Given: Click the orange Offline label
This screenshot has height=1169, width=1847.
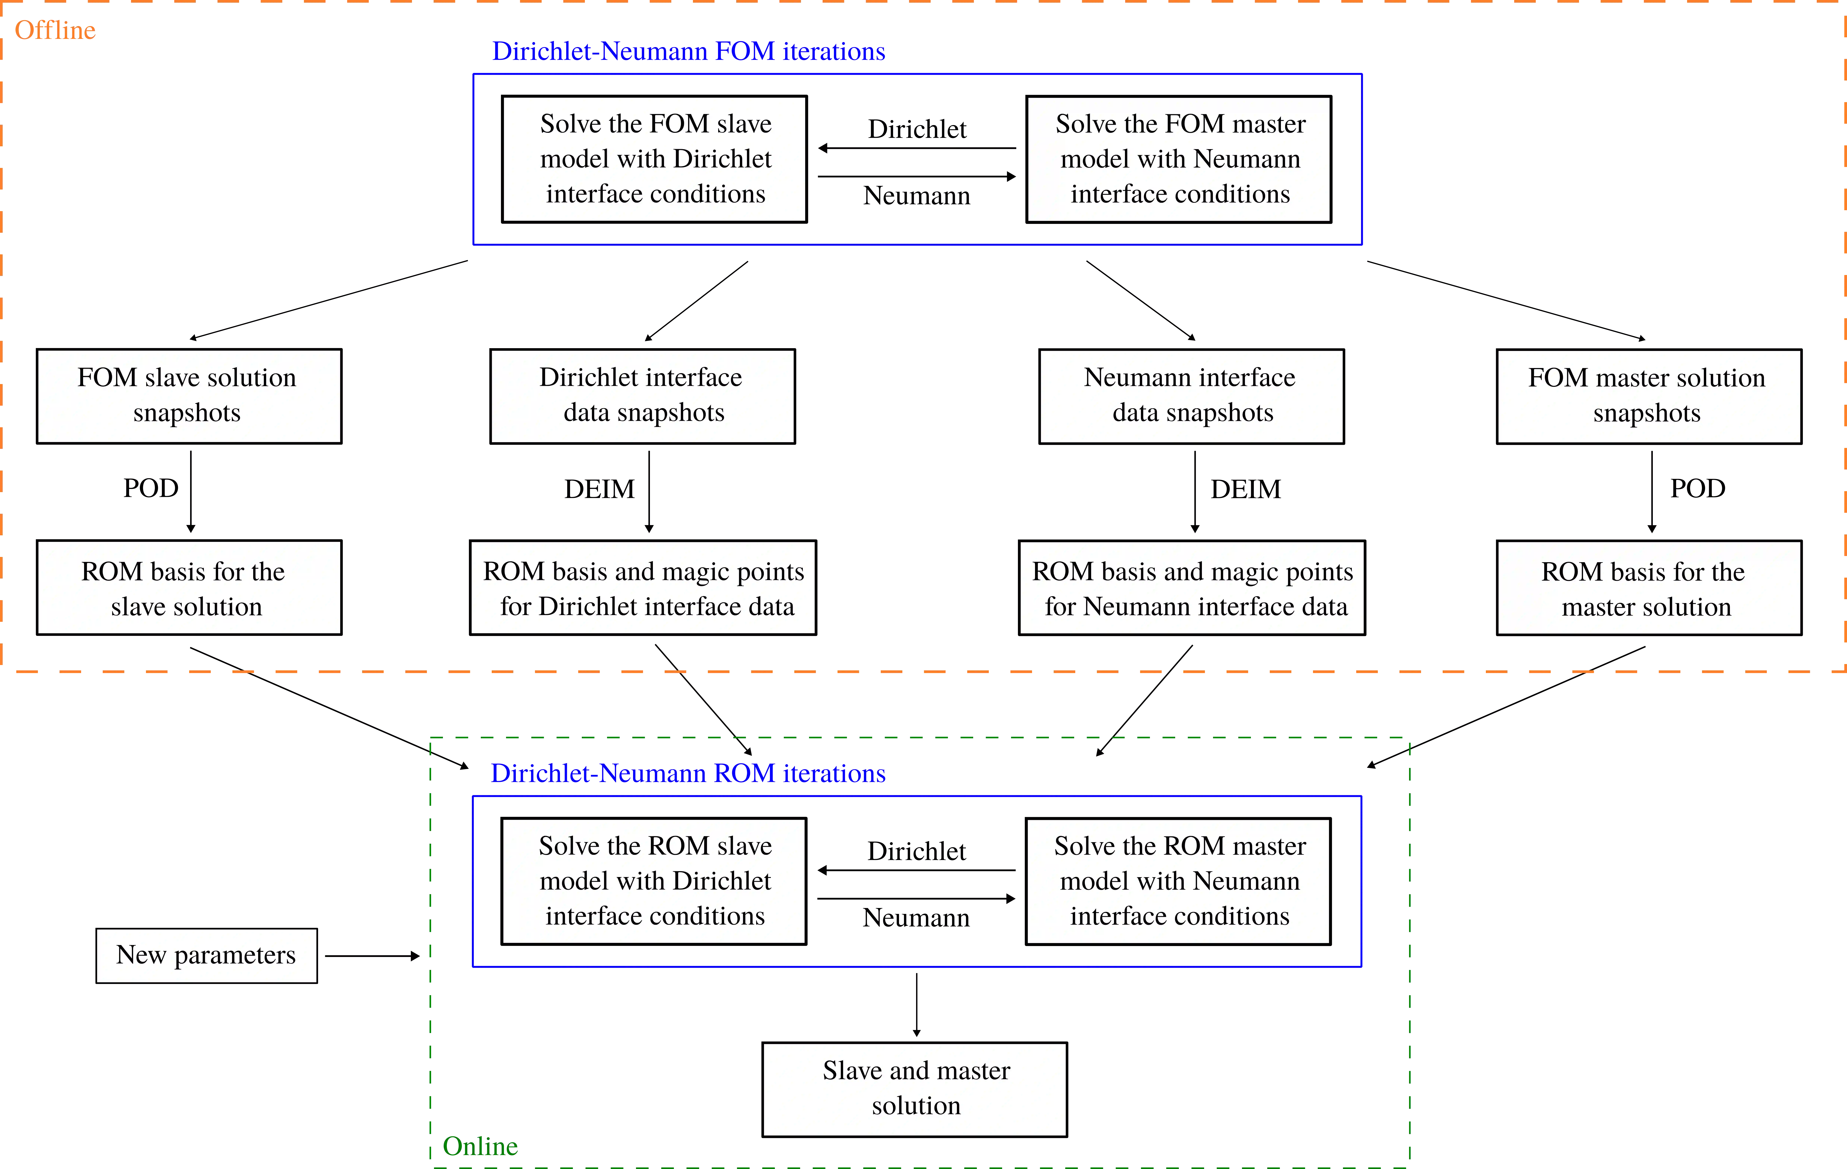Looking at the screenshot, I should pos(55,30).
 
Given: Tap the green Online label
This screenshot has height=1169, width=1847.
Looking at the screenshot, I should pos(480,1146).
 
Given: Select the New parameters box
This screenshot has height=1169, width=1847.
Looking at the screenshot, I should pos(206,956).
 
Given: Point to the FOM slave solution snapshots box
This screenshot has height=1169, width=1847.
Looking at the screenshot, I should pos(189,396).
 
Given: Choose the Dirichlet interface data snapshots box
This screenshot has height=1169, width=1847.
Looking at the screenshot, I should pos(642,396).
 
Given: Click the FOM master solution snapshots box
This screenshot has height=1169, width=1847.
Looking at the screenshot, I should pos(1649,396).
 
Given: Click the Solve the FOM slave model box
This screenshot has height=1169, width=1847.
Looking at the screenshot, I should pos(654,159).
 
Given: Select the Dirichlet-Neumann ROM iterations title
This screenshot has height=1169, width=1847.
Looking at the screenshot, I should pos(688,773).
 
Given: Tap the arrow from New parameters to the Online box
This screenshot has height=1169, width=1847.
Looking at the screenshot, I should pos(372,956).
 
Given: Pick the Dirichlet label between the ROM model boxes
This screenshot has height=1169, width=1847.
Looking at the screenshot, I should pos(917,851).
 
